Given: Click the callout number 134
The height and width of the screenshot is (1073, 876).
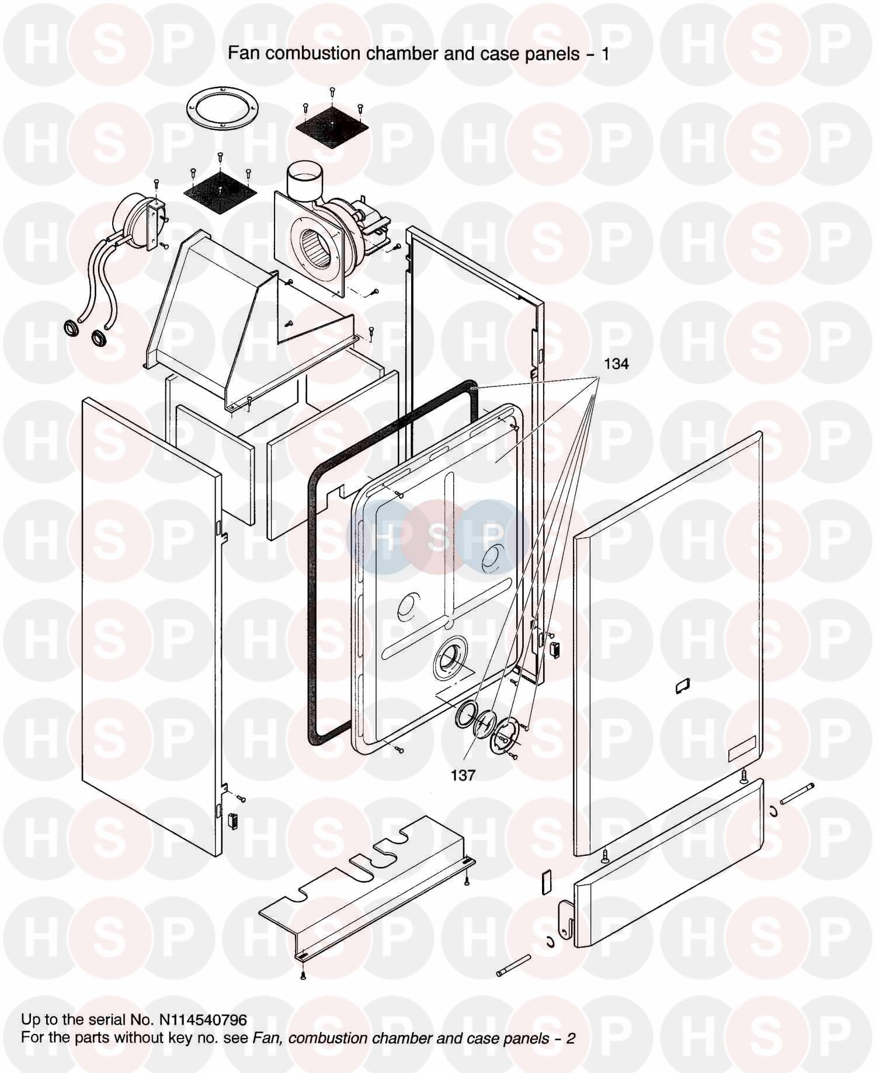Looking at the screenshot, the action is [x=616, y=364].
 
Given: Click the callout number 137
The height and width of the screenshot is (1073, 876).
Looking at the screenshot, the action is [x=463, y=775].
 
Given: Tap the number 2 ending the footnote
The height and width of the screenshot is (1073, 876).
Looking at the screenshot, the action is [x=571, y=1038].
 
